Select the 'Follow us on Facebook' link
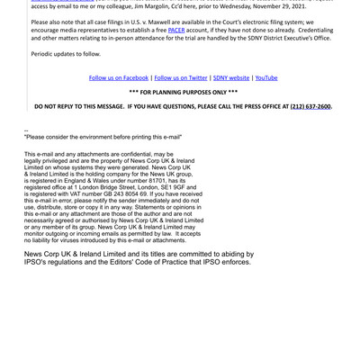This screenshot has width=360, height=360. (x=119, y=78)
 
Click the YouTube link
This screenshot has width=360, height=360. (x=266, y=78)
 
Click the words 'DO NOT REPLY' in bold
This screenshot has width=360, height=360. (x=58, y=106)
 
